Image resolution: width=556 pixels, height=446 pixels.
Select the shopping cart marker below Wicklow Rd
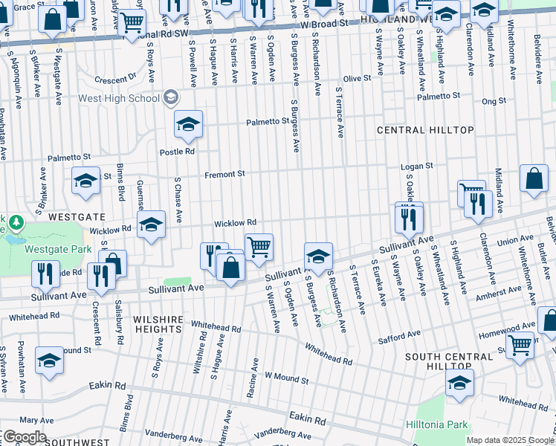(259, 246)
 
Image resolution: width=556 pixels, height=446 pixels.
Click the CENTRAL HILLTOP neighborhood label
(425, 130)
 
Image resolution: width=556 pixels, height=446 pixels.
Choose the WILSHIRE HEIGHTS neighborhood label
(158, 319)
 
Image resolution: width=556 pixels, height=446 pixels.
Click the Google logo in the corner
(24, 437)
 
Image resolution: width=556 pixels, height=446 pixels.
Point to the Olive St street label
(356, 79)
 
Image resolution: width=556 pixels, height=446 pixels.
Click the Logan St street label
(416, 167)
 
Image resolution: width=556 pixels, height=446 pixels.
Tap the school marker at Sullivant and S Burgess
(318, 255)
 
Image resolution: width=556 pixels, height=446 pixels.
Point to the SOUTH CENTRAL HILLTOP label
(448, 361)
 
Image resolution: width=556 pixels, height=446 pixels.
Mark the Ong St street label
(494, 100)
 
